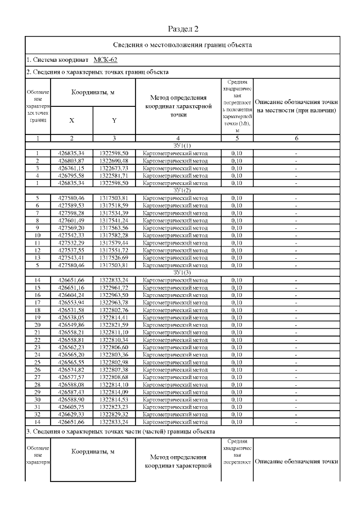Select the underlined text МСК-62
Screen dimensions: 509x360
point(105,59)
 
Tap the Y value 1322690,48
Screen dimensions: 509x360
point(114,161)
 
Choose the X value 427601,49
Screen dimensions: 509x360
point(71,220)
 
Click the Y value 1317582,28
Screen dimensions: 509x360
point(114,235)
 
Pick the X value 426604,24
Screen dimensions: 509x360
point(71,295)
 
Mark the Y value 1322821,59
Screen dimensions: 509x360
point(114,325)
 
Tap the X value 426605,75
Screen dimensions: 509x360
point(71,406)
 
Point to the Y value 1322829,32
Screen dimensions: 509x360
point(114,413)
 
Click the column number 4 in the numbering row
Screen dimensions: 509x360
point(178,138)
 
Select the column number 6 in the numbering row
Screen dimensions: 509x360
point(296,138)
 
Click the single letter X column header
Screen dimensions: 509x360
point(71,120)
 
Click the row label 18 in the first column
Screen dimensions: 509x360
point(37,309)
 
